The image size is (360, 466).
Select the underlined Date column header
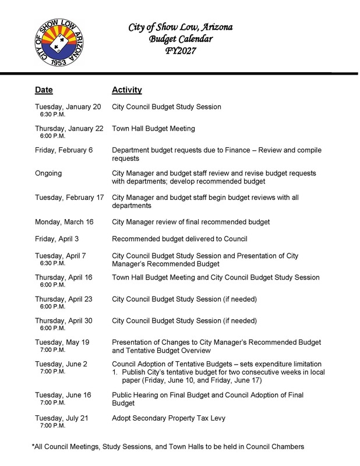(x=44, y=91)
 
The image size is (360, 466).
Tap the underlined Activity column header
(x=126, y=91)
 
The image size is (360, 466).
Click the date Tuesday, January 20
(x=68, y=107)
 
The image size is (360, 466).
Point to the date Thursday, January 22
(x=69, y=128)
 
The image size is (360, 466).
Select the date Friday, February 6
(x=64, y=150)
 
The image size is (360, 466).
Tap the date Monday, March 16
(x=63, y=221)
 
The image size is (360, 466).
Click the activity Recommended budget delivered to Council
(x=179, y=239)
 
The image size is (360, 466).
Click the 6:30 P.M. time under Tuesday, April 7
(x=52, y=263)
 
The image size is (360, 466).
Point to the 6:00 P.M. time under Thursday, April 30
(x=52, y=329)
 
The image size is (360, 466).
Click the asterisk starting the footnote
(x=33, y=446)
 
